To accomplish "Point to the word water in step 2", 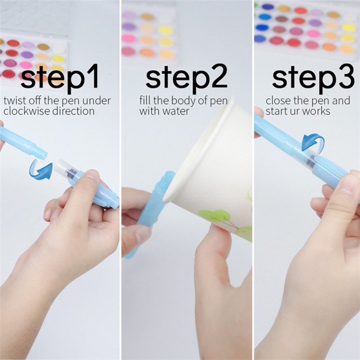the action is tap(175, 111).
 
